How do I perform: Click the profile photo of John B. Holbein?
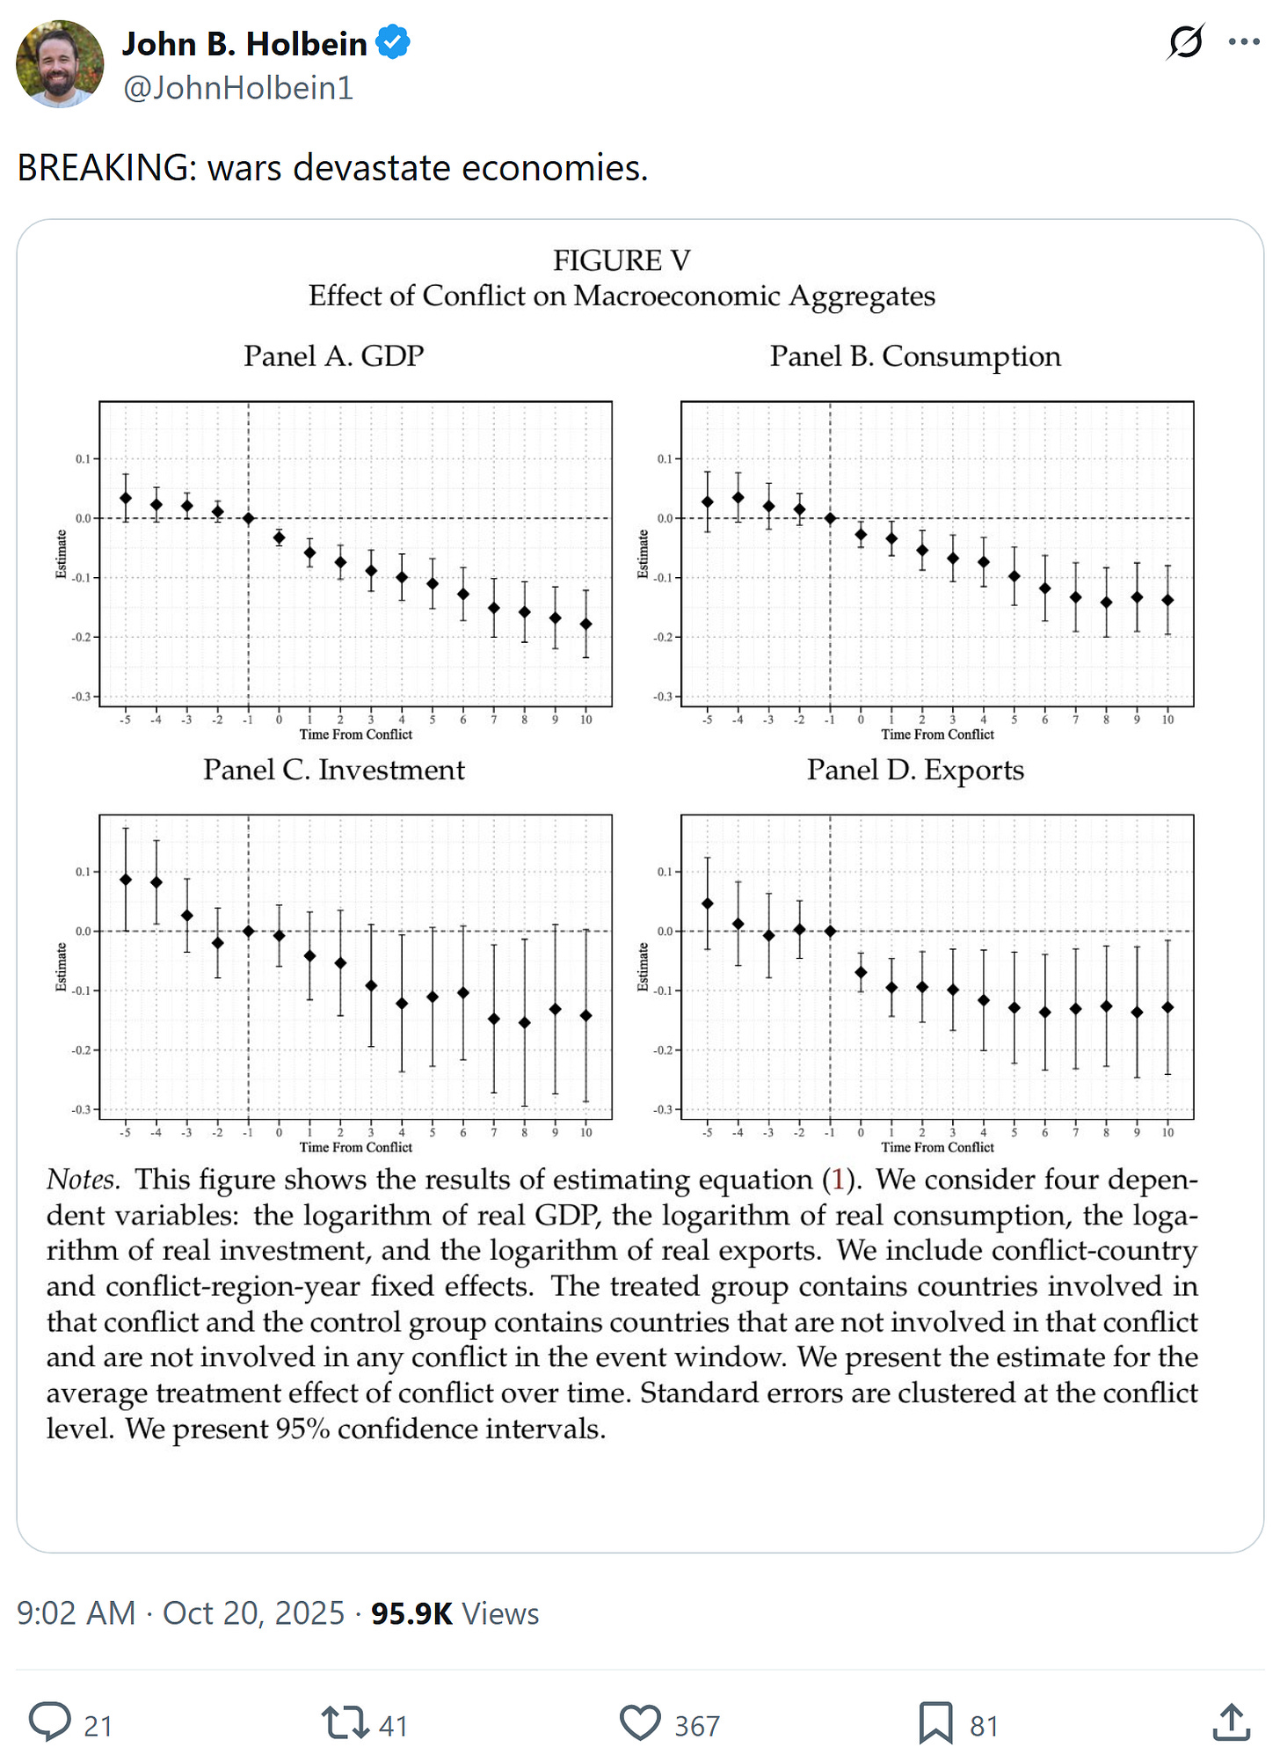click(60, 64)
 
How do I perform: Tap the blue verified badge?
click(393, 42)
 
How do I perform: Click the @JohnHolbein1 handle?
click(238, 88)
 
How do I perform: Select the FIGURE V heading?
click(622, 260)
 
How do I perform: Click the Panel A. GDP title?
click(333, 356)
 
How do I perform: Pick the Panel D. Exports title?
click(915, 770)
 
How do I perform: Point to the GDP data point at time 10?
click(586, 624)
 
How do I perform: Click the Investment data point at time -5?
click(126, 879)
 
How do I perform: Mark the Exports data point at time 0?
click(861, 972)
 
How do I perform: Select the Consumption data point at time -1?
click(830, 518)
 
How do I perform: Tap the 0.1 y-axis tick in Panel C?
click(82, 872)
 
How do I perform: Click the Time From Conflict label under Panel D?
click(937, 1147)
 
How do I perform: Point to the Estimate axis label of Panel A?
click(62, 554)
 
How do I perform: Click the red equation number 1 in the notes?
click(838, 1180)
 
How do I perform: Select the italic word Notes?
click(81, 1180)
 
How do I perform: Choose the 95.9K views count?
click(411, 1613)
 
